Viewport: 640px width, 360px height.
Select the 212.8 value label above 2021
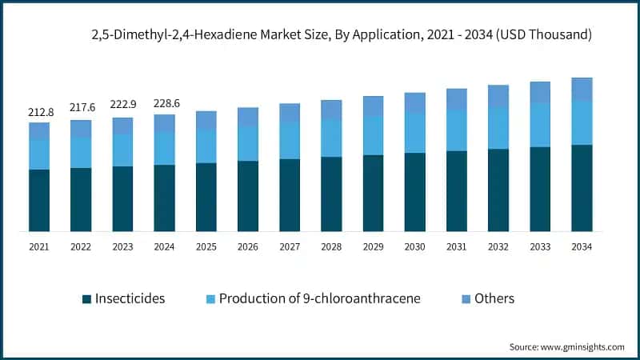tap(39, 111)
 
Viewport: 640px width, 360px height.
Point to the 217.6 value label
tap(81, 108)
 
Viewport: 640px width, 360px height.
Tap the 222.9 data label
tap(122, 106)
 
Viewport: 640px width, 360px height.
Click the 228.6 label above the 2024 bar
tap(164, 102)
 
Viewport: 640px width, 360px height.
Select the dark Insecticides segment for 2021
tap(39, 200)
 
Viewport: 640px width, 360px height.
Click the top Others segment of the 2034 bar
tap(582, 90)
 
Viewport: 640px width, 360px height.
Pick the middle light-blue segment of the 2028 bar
tap(331, 138)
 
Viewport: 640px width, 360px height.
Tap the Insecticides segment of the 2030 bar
tap(414, 192)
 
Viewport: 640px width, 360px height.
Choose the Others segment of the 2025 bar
tap(206, 120)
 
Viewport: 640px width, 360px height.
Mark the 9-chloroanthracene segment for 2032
tap(498, 128)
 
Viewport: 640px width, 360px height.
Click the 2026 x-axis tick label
tap(248, 247)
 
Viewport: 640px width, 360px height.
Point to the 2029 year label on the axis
tap(373, 247)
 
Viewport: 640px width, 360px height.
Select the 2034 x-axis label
tap(582, 247)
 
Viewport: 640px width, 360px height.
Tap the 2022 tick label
tap(81, 247)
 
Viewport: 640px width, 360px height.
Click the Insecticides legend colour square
tap(86, 299)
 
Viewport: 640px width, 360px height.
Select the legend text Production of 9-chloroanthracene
tap(320, 298)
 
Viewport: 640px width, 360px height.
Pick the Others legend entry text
tap(494, 298)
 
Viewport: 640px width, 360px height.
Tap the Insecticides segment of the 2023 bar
tap(122, 198)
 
